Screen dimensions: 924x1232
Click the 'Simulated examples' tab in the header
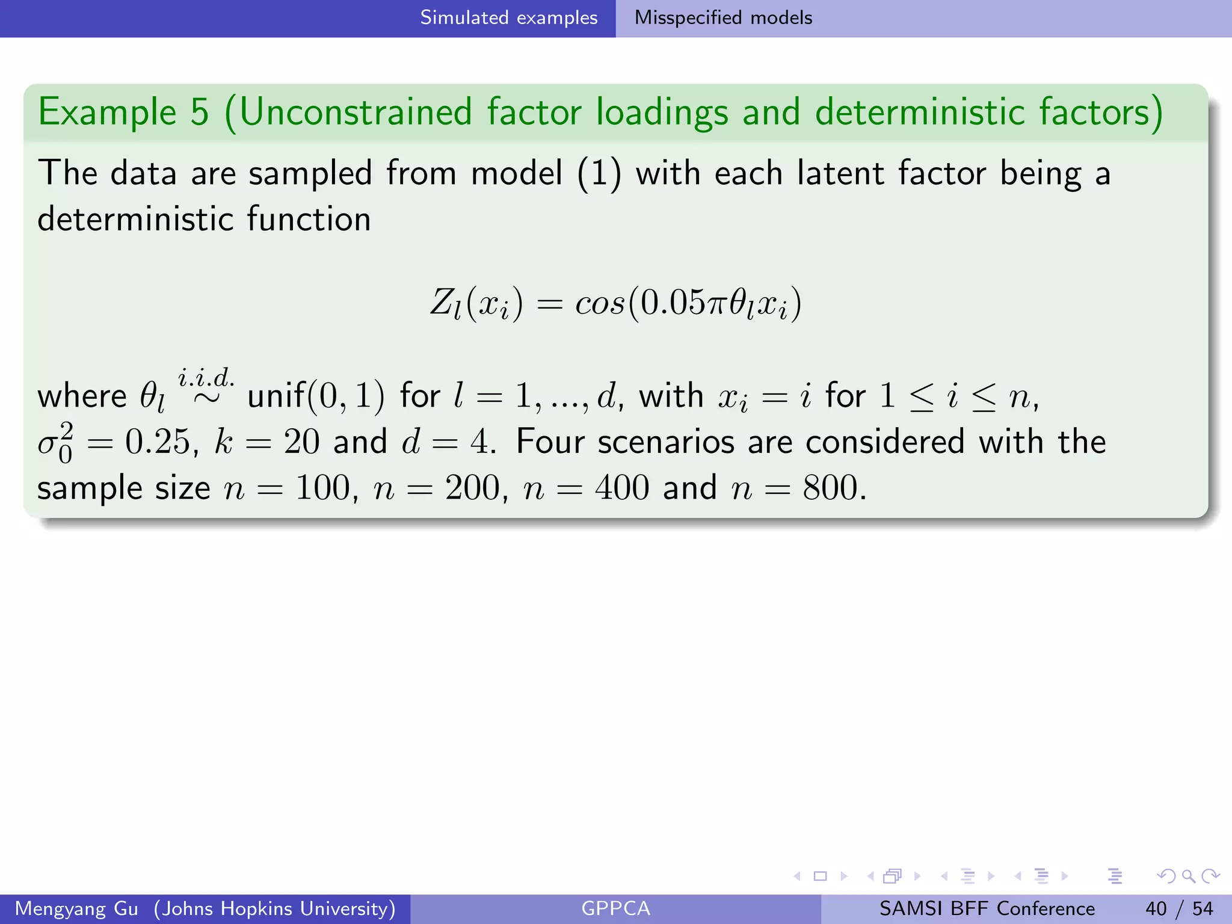(508, 18)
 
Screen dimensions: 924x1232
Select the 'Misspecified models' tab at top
(723, 18)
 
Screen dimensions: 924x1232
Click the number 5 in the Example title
(199, 112)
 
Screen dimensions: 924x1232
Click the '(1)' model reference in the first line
(599, 174)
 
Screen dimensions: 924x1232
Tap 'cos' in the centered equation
(600, 303)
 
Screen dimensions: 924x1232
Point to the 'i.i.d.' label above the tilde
(206, 378)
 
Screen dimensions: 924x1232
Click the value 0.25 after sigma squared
(158, 442)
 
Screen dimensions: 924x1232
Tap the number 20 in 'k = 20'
(301, 442)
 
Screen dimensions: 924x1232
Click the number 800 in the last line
(830, 488)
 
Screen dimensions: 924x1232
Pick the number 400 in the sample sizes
(622, 488)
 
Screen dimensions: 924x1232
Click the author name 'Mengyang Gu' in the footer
(76, 908)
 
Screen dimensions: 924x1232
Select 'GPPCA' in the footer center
(615, 908)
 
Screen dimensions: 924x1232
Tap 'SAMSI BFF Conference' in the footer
(987, 908)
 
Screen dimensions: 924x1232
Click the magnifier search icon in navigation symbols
(1188, 876)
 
